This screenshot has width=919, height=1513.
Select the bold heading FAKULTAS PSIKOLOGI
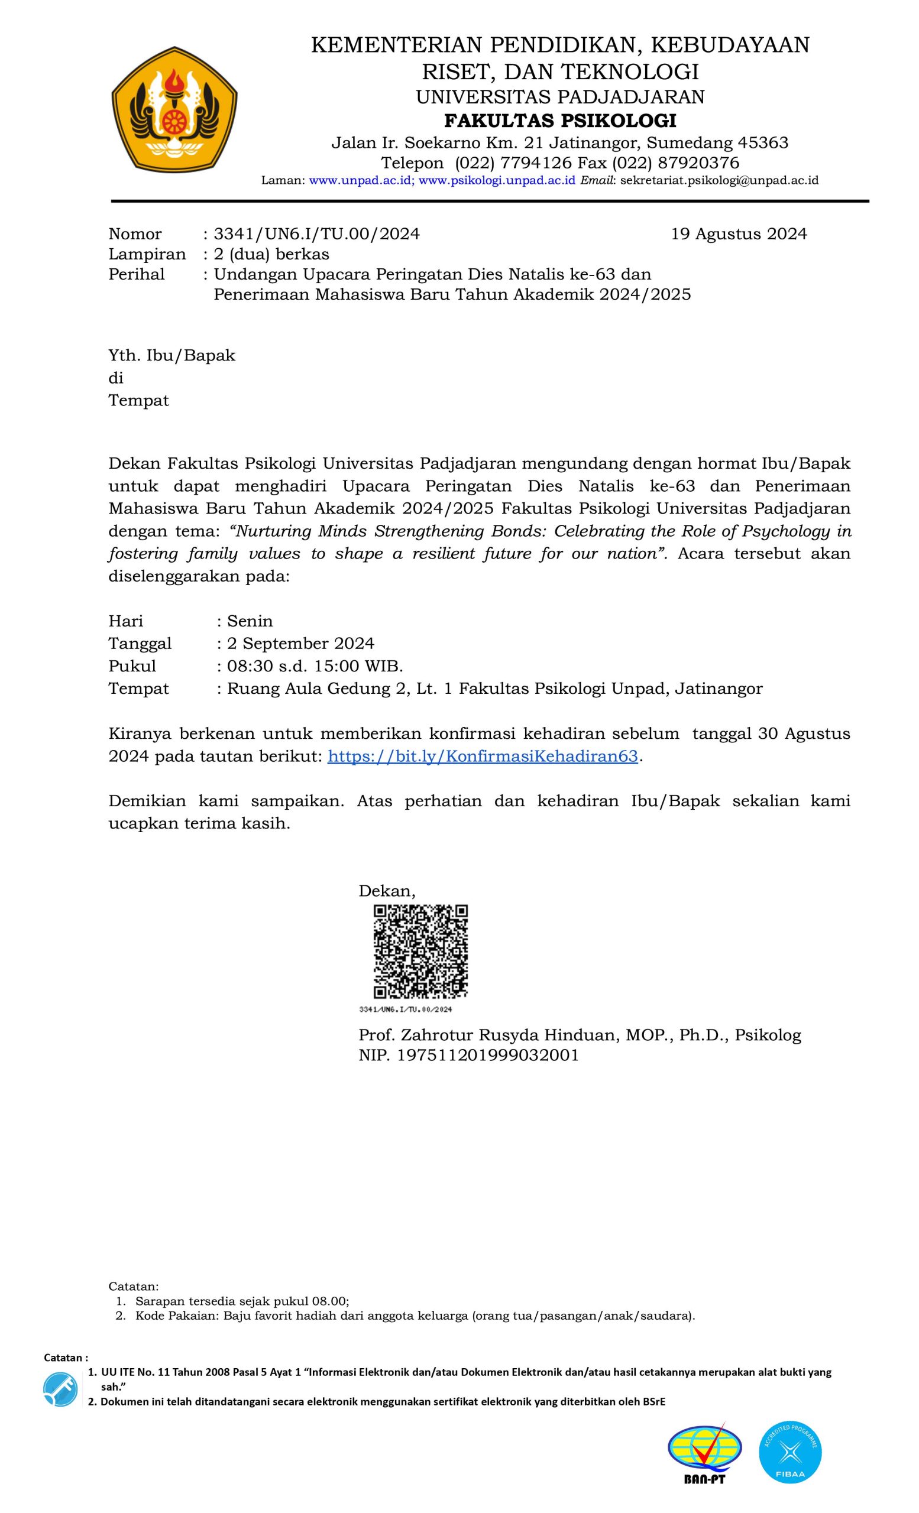pos(559,121)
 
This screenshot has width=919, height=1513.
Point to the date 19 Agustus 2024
pos(739,234)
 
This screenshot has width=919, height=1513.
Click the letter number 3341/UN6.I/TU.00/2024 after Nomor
pos(316,234)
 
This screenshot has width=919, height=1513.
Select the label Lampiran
pos(147,254)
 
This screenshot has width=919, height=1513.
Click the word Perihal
pos(137,274)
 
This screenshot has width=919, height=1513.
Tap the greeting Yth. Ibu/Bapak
pos(172,356)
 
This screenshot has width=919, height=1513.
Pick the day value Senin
pos(250,621)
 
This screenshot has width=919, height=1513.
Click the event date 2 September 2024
pos(300,644)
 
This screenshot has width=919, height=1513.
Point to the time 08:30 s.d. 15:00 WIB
pos(315,666)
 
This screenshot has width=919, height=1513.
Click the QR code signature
pos(421,951)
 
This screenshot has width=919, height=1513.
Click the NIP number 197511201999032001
pos(488,1056)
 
